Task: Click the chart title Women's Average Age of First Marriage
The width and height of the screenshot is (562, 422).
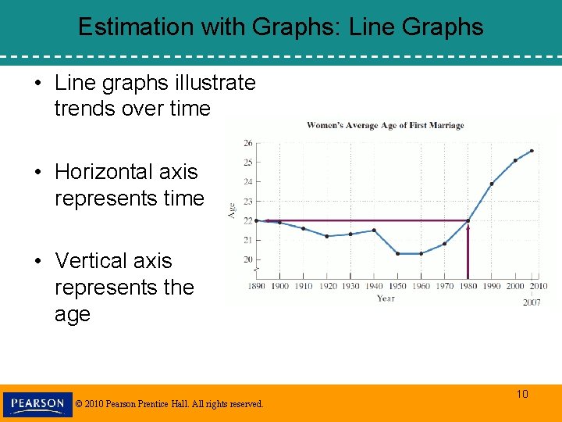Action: (x=385, y=125)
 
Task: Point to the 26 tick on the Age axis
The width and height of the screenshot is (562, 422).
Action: (x=248, y=143)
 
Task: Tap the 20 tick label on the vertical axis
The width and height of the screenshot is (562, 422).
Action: (x=248, y=259)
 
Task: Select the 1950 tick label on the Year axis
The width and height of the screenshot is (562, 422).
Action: (x=397, y=286)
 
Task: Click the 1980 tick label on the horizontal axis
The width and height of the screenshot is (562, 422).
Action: (x=468, y=286)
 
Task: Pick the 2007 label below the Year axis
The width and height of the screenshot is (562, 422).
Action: (x=532, y=302)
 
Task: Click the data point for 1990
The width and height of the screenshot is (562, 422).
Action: (x=491, y=184)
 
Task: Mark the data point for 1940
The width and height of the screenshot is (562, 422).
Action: (x=374, y=231)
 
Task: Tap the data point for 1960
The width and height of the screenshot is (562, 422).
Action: (x=421, y=253)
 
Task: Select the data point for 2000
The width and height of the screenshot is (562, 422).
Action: (x=515, y=160)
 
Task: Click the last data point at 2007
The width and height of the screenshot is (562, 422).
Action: (x=532, y=151)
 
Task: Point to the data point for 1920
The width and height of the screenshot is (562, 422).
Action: (x=327, y=236)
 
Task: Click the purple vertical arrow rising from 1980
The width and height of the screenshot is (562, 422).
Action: (x=468, y=250)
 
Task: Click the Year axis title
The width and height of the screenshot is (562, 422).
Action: (x=386, y=298)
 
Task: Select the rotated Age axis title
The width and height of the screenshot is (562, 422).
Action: (x=231, y=209)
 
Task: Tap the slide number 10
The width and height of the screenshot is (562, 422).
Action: (x=522, y=394)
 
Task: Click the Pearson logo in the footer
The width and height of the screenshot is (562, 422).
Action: (x=37, y=404)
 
